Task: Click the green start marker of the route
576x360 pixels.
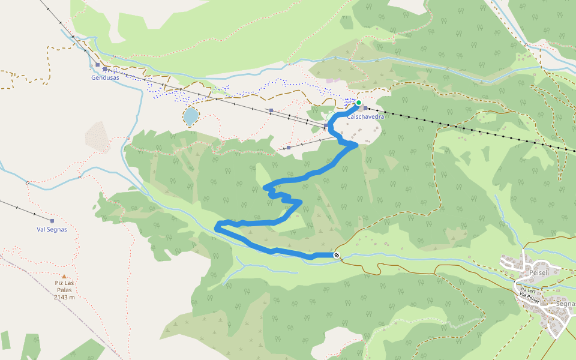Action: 359,103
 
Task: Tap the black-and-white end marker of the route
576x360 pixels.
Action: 337,256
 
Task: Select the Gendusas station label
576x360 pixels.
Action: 105,78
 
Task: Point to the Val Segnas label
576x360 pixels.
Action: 52,229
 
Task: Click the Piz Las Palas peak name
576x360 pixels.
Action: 64,287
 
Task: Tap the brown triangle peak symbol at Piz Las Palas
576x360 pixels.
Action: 64,277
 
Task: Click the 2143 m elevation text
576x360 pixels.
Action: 64,297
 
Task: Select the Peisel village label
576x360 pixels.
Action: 539,272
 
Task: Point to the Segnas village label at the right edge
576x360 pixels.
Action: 565,304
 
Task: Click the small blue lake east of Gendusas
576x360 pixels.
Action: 191,116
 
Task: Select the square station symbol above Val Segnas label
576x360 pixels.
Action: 52,221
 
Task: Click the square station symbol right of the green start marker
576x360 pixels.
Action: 365,108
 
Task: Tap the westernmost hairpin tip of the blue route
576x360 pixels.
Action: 217,226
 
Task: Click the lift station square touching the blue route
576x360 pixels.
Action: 326,126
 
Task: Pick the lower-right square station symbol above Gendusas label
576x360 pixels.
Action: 105,70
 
